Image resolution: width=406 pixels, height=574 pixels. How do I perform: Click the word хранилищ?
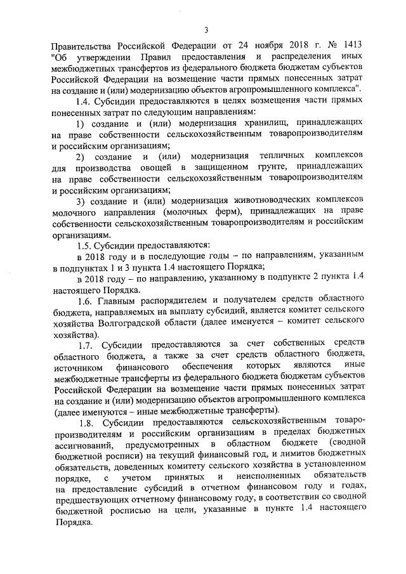[x=266, y=122]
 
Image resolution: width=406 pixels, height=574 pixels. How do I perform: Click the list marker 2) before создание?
[x=80, y=155]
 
